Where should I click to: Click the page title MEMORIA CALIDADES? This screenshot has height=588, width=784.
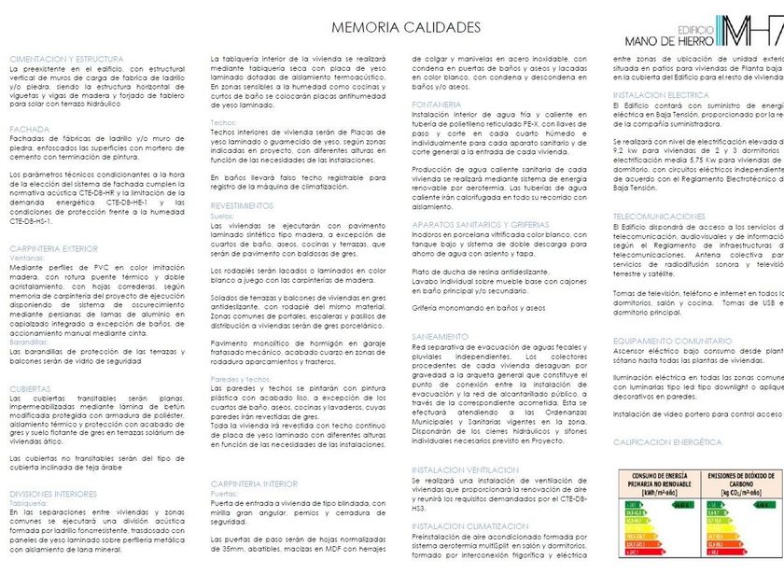coord(392,30)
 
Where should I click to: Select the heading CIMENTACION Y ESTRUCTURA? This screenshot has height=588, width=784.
coord(67,59)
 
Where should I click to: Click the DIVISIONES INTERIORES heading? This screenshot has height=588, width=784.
coord(53,493)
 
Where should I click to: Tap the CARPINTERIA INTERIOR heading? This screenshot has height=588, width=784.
coord(254,483)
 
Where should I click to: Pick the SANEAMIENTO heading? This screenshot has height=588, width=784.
coord(440,336)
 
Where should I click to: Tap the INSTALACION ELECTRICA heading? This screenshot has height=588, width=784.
coord(661,95)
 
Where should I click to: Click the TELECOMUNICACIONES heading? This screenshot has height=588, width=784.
coord(659,215)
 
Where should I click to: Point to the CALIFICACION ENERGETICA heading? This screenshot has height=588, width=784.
coord(666,441)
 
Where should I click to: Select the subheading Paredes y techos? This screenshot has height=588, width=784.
coord(241,380)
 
